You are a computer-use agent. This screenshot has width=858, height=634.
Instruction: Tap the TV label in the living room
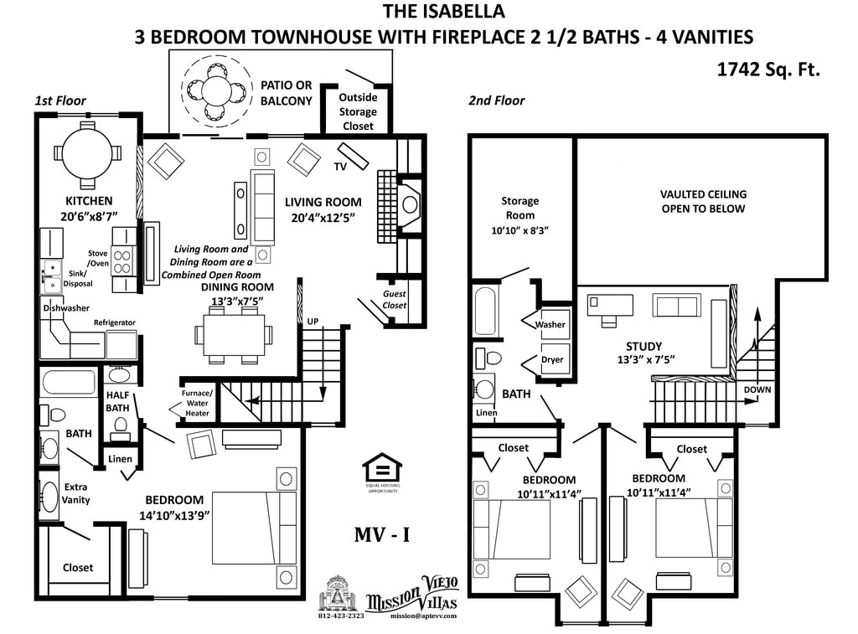340,167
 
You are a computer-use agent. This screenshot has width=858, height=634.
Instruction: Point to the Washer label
550,324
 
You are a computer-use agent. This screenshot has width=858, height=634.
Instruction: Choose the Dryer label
552,359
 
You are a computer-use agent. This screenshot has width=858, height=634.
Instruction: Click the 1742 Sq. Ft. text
768,70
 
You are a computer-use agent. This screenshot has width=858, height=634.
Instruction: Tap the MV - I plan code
381,533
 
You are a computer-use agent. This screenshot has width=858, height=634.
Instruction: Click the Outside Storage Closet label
358,111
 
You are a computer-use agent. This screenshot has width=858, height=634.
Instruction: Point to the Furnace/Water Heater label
198,403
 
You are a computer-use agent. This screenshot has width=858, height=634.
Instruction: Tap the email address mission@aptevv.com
423,616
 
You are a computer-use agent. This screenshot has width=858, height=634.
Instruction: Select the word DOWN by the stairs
757,389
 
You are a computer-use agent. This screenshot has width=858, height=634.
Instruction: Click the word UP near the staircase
312,322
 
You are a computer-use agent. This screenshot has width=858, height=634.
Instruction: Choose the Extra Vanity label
76,493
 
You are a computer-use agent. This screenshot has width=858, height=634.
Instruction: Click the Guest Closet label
395,300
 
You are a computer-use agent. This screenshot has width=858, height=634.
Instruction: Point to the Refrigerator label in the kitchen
115,322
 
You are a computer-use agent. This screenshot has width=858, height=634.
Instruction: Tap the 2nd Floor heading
496,101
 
